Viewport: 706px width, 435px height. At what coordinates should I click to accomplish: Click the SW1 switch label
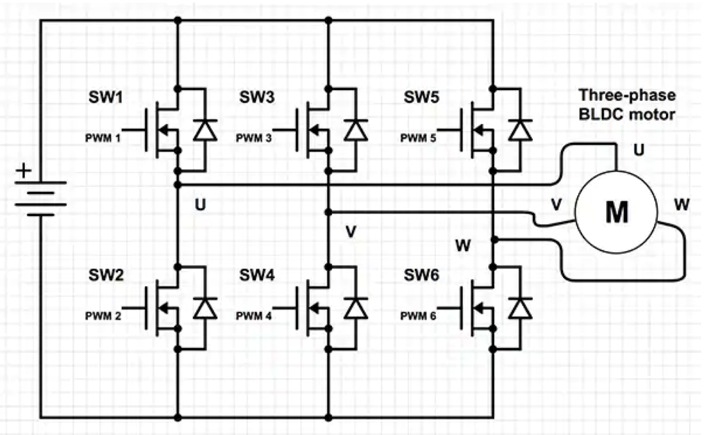[x=106, y=97]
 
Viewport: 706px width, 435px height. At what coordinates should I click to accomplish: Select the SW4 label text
[x=257, y=275]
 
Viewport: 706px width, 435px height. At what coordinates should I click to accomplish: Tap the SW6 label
[x=421, y=275]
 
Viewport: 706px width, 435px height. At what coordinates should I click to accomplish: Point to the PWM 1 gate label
[x=103, y=138]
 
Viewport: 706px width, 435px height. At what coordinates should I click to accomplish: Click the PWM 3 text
[x=254, y=138]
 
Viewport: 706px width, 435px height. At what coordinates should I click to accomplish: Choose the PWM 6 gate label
[x=418, y=316]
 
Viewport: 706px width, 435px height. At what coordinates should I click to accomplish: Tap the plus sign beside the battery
[x=23, y=171]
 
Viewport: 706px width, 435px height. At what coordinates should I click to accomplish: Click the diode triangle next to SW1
[x=205, y=131]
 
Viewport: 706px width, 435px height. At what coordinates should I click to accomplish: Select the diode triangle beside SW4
[x=356, y=309]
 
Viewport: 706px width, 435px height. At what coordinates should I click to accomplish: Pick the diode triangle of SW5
[x=520, y=131]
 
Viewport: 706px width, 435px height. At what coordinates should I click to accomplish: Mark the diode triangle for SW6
[x=520, y=309]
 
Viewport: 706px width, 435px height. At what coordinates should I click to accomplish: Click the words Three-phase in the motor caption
[x=627, y=95]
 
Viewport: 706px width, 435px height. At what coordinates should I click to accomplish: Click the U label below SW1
[x=200, y=205]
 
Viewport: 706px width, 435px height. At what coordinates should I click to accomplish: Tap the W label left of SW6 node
[x=463, y=246]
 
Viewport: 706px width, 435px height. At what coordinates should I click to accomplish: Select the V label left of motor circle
[x=556, y=205]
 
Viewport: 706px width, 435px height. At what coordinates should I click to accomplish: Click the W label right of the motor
[x=682, y=205]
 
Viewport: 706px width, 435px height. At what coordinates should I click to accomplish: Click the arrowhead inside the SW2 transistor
[x=164, y=308]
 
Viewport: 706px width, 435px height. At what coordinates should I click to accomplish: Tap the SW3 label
[x=257, y=97]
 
